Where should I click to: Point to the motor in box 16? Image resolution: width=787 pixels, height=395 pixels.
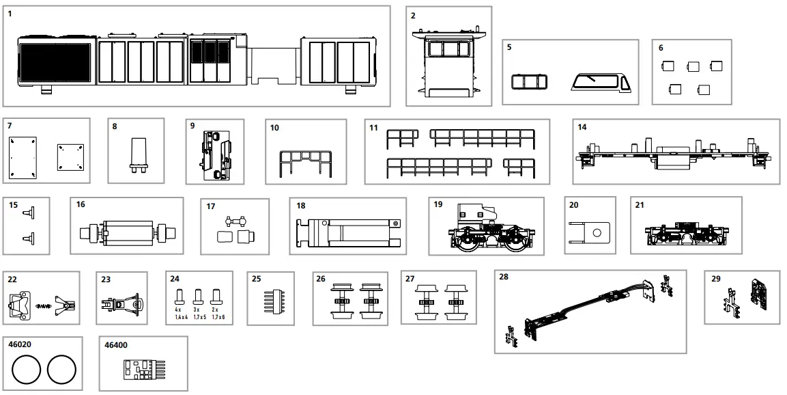[128, 233]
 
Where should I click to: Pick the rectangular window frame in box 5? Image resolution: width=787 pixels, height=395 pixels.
[530, 83]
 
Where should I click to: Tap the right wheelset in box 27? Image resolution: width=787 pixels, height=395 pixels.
[456, 300]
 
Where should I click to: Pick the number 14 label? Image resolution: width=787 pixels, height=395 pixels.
[582, 127]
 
